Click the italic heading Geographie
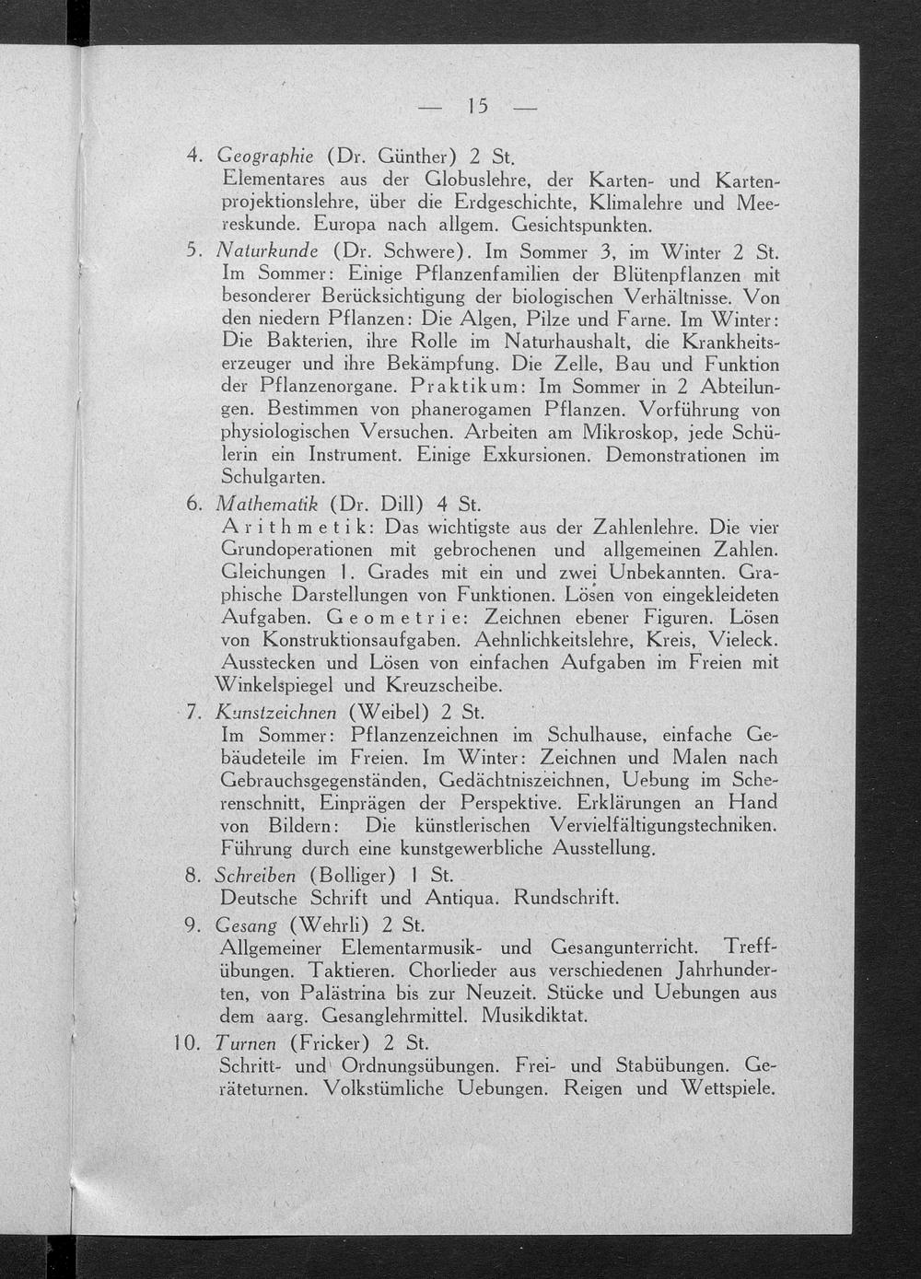click(x=265, y=155)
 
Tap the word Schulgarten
click(x=274, y=477)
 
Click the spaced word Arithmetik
click(x=298, y=528)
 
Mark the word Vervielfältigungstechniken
click(x=663, y=824)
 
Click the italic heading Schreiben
click(x=255, y=874)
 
